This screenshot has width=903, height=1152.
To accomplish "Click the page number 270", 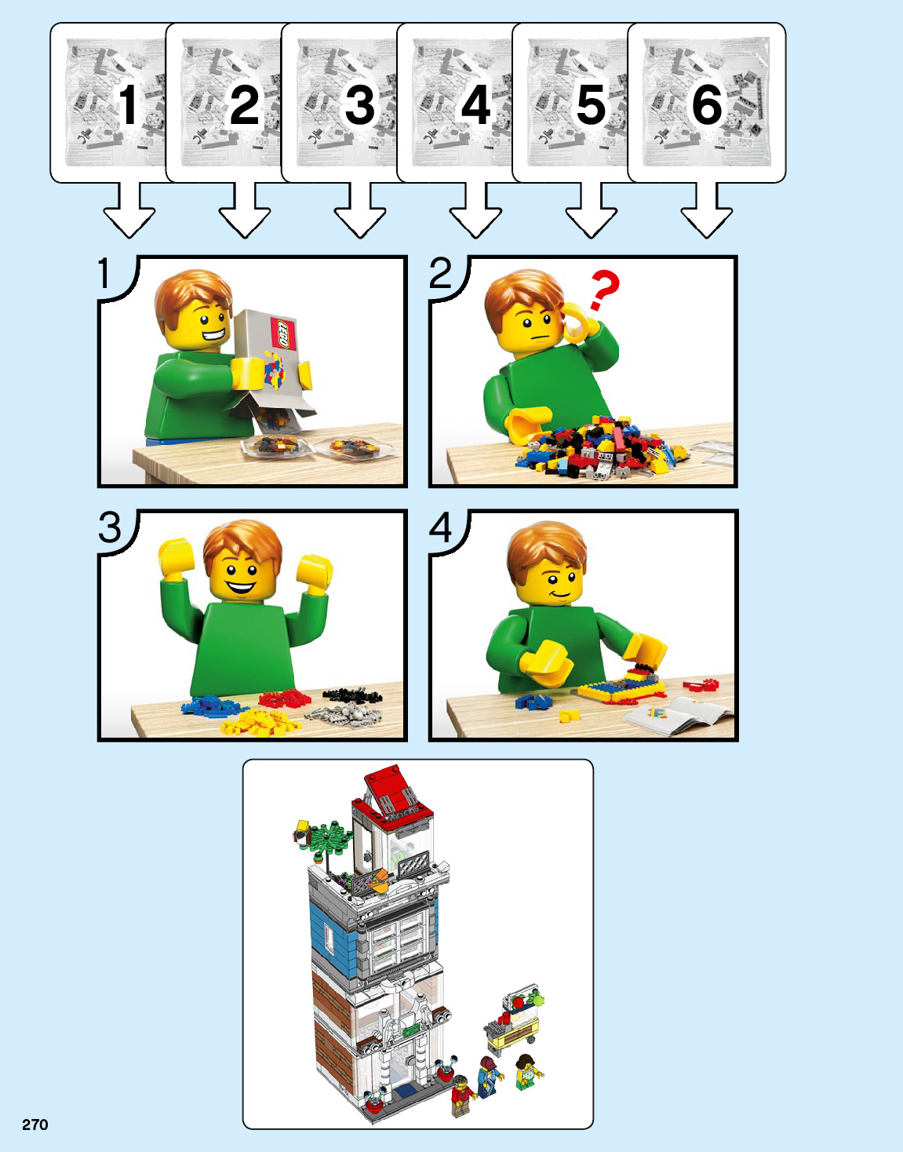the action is tap(35, 1125).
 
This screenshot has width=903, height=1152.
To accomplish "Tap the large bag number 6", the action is tap(707, 104).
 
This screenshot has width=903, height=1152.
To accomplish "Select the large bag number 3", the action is tap(360, 104).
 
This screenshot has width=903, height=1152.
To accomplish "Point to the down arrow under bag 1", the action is tap(129, 210).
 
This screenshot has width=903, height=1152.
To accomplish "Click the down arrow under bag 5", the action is tap(592, 210).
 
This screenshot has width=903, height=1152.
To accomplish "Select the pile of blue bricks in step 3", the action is tap(212, 705).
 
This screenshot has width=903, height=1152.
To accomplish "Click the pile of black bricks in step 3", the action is tap(352, 694).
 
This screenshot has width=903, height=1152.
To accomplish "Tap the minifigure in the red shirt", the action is tap(463, 1095).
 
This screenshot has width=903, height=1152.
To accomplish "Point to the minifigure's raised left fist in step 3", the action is tap(314, 574).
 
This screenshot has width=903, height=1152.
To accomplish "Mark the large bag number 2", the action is tap(244, 104).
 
